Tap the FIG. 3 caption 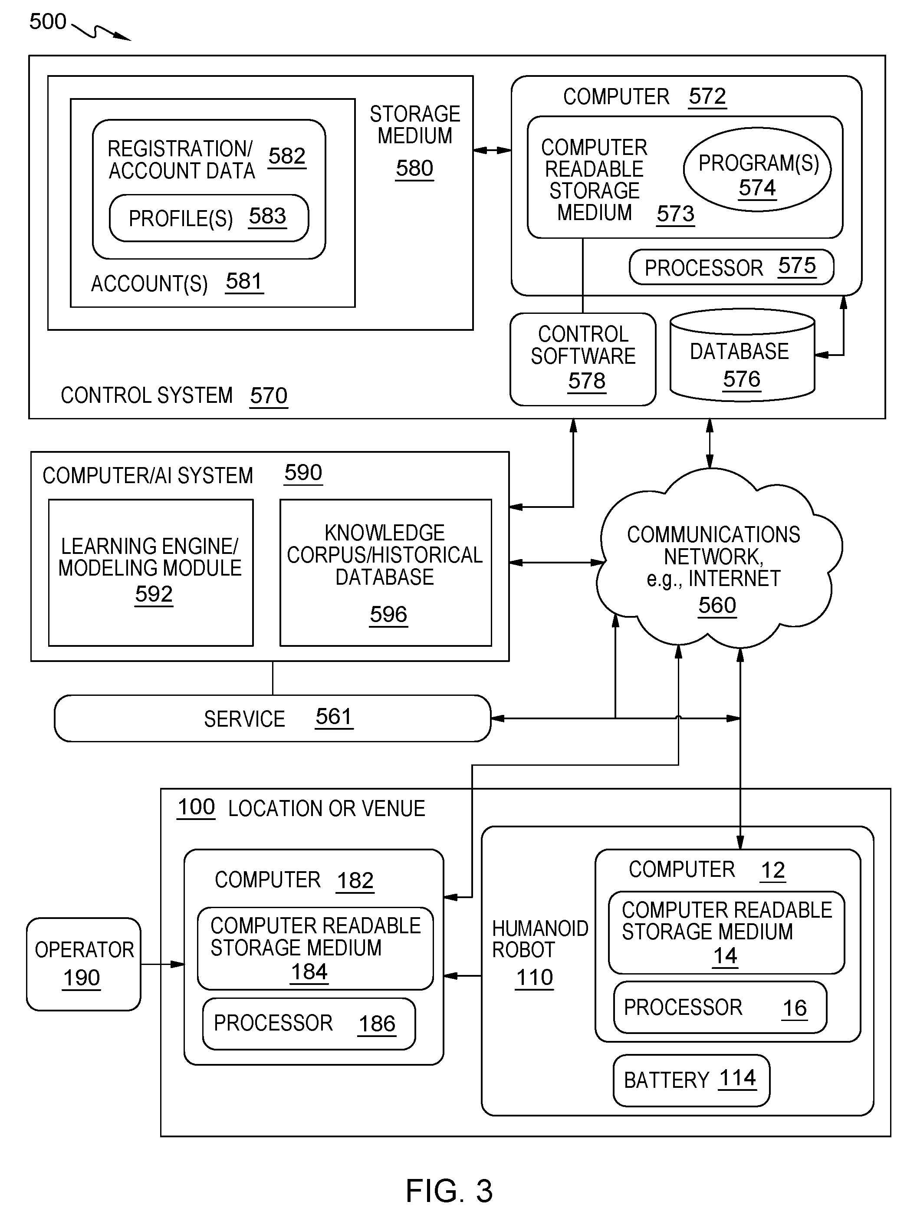pyautogui.click(x=449, y=1191)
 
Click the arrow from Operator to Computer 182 pyautogui.click(x=163, y=964)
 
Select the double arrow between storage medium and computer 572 pyautogui.click(x=492, y=150)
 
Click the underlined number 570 pyautogui.click(x=269, y=395)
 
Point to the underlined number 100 pyautogui.click(x=196, y=807)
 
